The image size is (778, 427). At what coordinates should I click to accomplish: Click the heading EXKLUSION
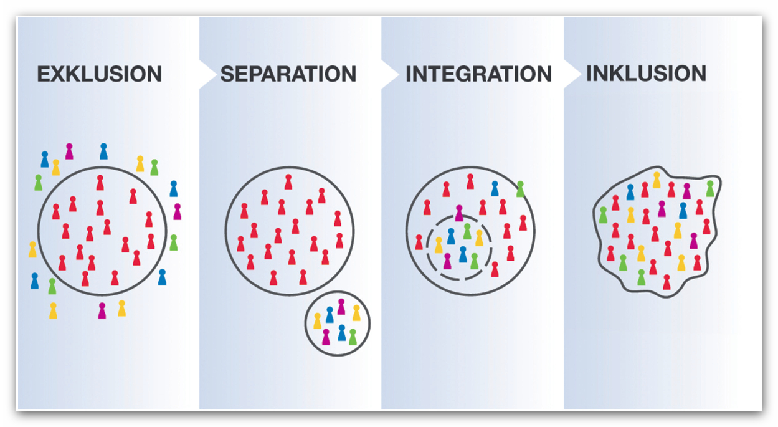(x=99, y=74)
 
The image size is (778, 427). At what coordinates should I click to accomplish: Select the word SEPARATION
(x=288, y=74)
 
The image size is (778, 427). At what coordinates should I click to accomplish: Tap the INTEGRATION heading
(x=478, y=74)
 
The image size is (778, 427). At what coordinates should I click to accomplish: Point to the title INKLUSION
(x=646, y=74)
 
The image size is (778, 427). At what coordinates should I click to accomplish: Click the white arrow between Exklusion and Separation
(x=206, y=74)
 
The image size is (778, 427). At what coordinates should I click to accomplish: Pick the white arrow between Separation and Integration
(x=389, y=74)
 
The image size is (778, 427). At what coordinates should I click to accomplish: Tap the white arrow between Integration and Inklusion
(x=571, y=74)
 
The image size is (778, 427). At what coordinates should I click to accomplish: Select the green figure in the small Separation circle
(x=353, y=337)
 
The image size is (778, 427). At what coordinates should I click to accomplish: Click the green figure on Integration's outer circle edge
(x=520, y=189)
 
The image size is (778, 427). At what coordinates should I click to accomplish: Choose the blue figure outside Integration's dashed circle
(x=495, y=188)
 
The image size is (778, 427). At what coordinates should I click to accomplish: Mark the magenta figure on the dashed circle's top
(x=459, y=213)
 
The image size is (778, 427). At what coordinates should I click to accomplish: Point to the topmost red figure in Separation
(x=288, y=182)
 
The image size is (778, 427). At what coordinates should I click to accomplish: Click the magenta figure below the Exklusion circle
(x=102, y=310)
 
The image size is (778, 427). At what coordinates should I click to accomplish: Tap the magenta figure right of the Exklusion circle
(x=177, y=212)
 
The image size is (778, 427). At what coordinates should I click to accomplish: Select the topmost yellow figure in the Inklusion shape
(x=657, y=180)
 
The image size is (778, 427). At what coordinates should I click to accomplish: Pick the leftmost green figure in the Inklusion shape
(x=603, y=215)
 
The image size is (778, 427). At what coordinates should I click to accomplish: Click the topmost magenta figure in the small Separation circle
(x=341, y=307)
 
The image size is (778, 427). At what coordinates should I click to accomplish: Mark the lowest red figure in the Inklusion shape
(x=667, y=282)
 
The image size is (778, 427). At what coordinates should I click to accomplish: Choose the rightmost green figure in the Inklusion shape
(x=710, y=188)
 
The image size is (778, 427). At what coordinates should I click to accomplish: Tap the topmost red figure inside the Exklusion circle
(x=100, y=183)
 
